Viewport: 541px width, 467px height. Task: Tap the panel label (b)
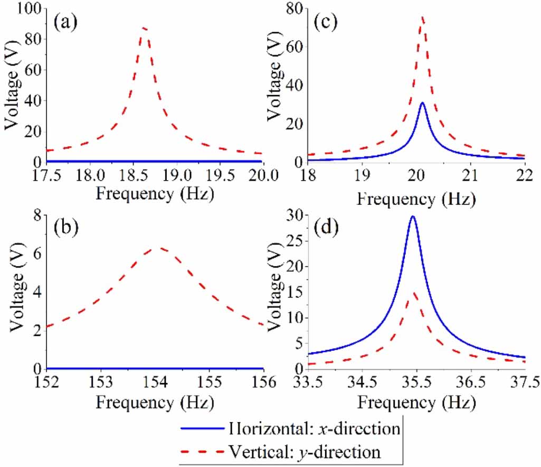point(69,230)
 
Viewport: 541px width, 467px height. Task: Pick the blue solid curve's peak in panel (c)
point(422,103)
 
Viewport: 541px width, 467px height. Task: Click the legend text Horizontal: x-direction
point(314,429)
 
